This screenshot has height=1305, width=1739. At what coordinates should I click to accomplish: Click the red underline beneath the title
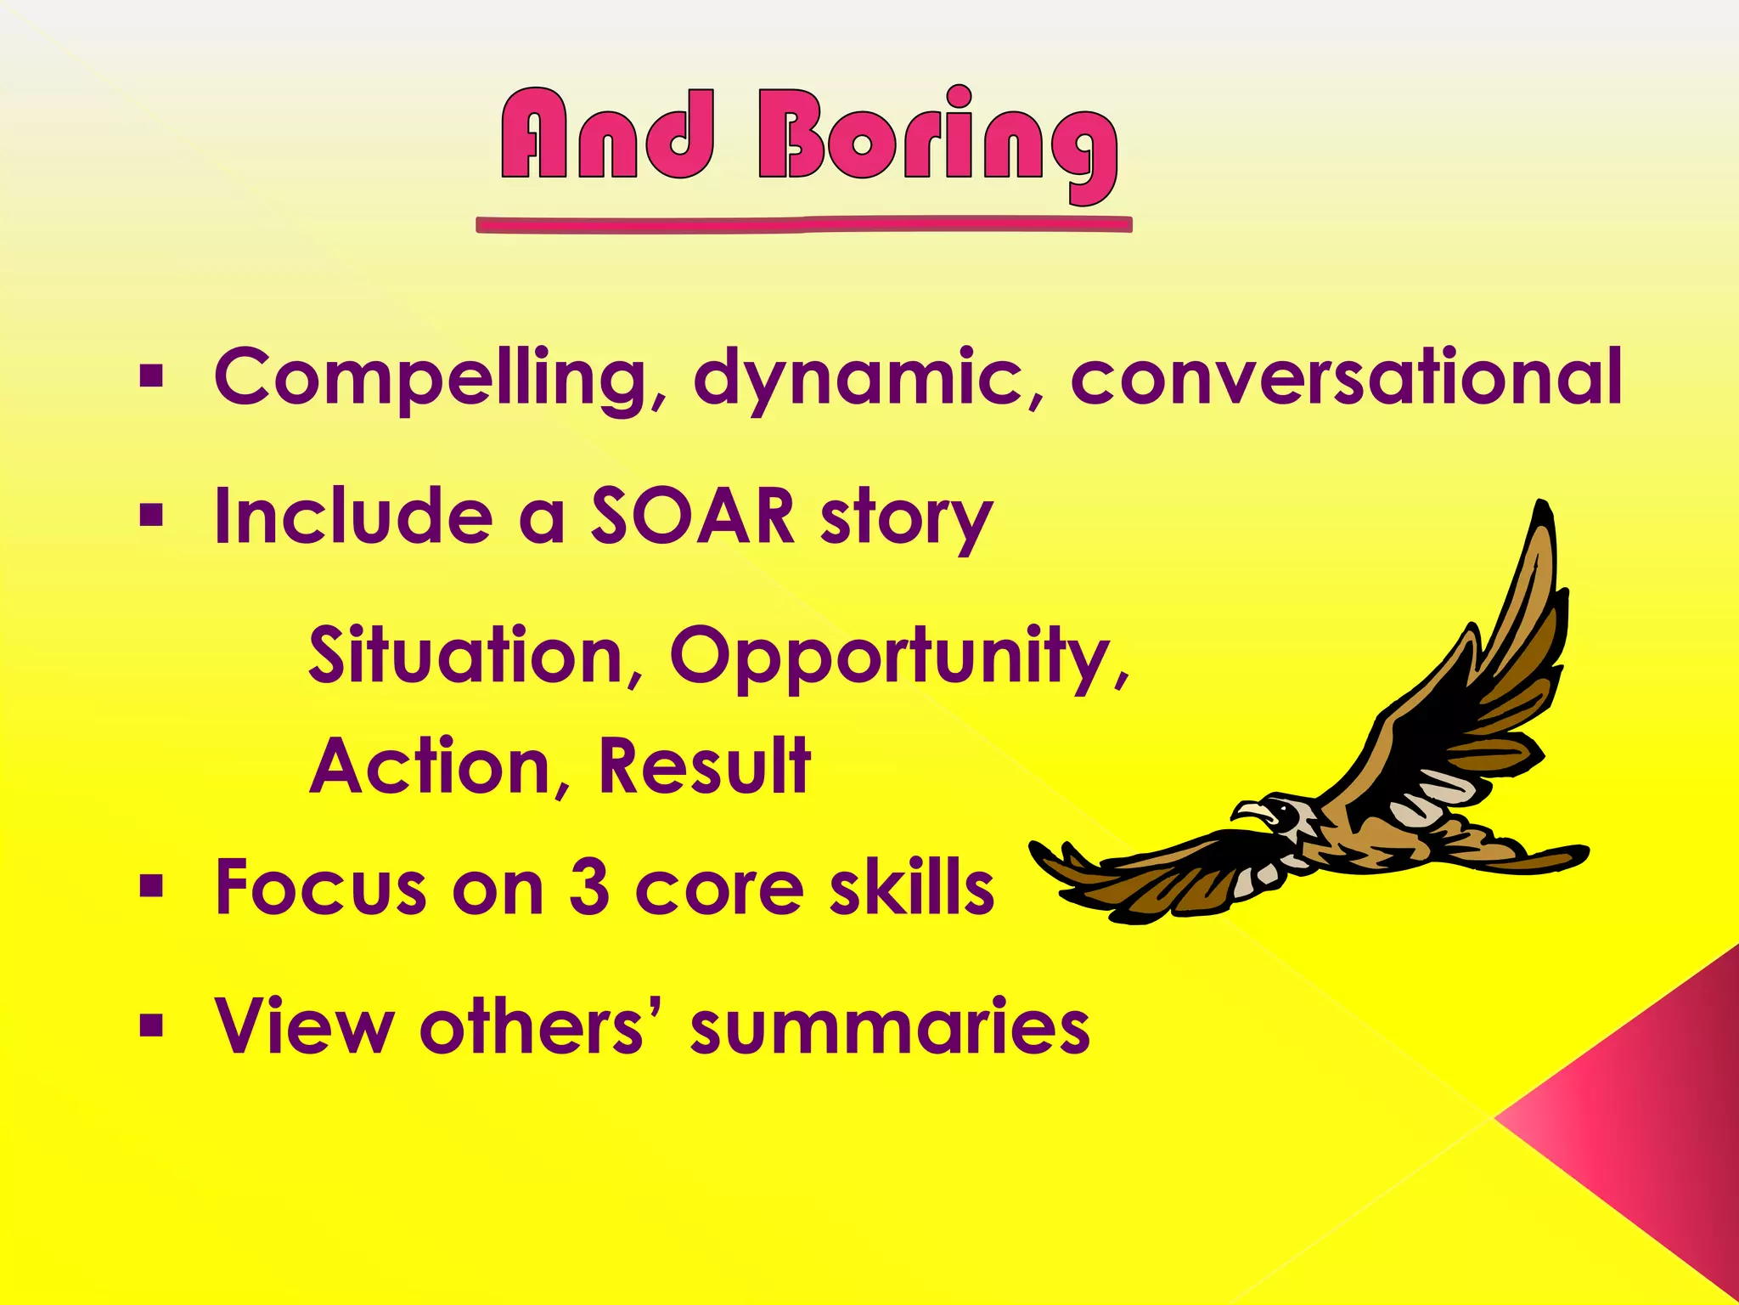[x=803, y=225]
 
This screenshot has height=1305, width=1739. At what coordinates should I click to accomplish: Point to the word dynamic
[x=858, y=378]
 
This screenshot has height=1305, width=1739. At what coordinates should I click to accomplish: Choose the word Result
[x=704, y=766]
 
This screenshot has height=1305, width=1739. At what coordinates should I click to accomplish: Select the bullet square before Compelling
[x=151, y=376]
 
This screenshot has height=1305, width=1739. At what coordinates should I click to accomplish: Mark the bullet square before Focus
[x=151, y=887]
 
